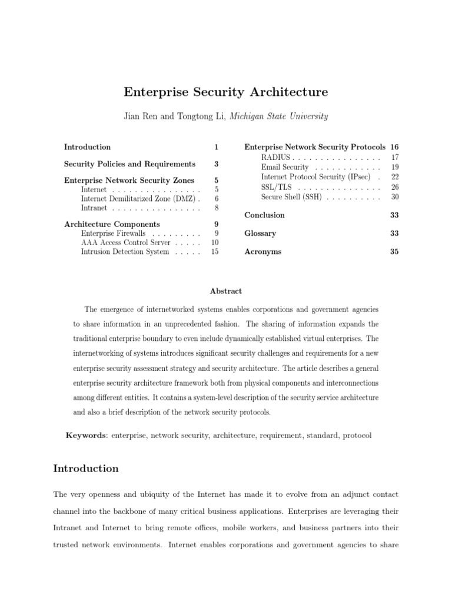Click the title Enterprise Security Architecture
(225, 92)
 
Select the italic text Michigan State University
(279, 116)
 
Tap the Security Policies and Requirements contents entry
(129, 164)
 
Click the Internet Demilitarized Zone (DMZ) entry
(138, 199)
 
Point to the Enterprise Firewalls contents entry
(113, 233)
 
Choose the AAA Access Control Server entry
(125, 242)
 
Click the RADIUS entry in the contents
(275, 158)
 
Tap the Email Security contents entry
(285, 167)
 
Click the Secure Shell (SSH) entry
(291, 197)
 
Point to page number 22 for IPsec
(395, 177)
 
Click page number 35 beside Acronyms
(394, 252)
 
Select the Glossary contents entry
(260, 233)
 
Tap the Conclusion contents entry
(264, 215)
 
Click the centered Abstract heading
(225, 291)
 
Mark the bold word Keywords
(85, 435)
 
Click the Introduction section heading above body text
(86, 469)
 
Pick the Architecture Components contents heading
(112, 224)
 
